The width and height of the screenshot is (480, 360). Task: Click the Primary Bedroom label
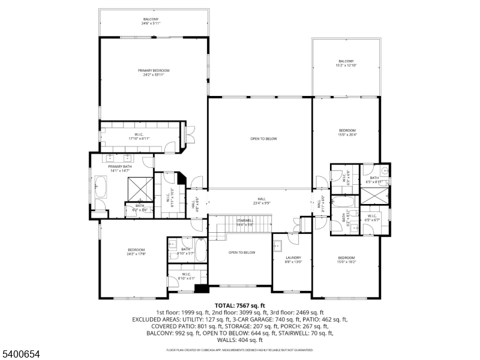154,73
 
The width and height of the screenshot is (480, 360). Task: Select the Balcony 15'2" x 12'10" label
346,63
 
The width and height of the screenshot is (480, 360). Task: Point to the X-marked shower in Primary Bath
140,189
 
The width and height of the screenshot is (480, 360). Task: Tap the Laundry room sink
278,245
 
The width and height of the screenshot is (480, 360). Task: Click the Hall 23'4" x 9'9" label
262,201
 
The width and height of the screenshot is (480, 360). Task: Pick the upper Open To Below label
264,139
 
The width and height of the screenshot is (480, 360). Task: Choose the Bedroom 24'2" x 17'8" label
136,252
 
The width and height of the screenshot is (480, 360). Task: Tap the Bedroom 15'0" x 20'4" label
347,133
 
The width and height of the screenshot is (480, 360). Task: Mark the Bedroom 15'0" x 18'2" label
346,259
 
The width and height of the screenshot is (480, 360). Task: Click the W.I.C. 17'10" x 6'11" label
139,136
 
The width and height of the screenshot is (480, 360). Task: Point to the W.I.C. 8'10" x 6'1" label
186,277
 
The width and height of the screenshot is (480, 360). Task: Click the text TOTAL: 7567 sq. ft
240,305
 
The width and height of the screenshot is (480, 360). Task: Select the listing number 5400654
20,355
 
